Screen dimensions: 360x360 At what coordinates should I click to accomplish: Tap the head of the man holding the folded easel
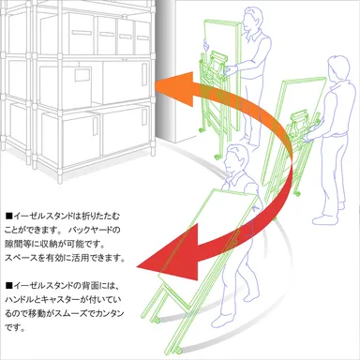(249, 16)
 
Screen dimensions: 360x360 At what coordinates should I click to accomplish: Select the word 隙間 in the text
(14, 243)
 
